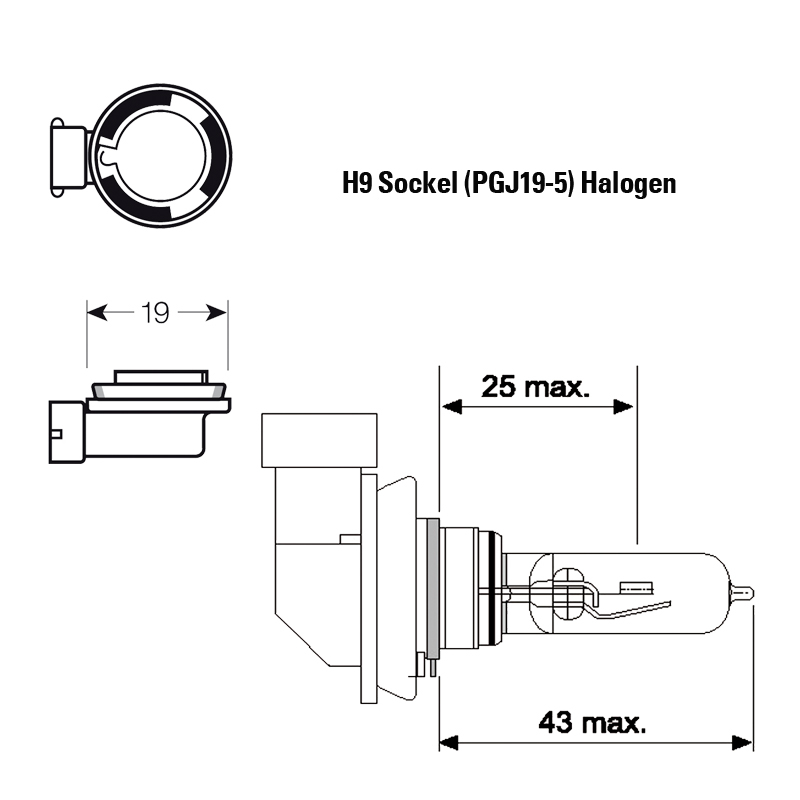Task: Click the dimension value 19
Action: [x=155, y=313]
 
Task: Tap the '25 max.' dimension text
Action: [x=535, y=386]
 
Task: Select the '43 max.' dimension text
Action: [x=592, y=722]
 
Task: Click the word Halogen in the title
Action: [x=629, y=184]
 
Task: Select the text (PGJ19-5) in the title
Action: [x=519, y=184]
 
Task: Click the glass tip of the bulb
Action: [x=742, y=592]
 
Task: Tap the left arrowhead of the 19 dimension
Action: [x=97, y=312]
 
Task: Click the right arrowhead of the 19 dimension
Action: [x=216, y=312]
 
